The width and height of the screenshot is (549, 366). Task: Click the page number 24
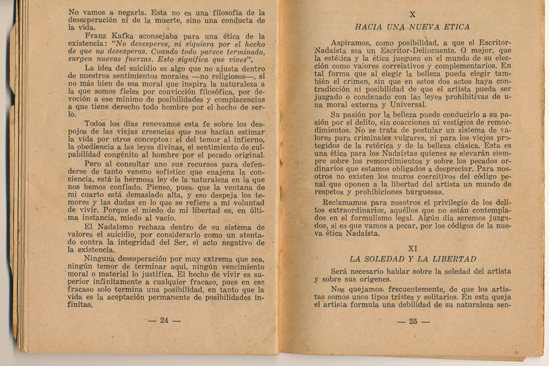[x=164, y=321]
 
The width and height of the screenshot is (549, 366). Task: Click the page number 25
[x=413, y=321]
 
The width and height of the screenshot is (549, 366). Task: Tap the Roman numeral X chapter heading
[x=412, y=15]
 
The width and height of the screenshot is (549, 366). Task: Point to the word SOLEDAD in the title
[x=395, y=259]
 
